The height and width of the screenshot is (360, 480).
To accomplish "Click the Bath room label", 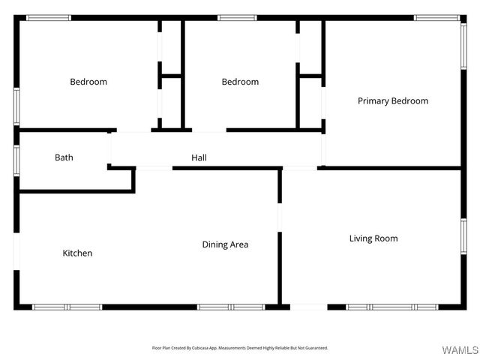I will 64,157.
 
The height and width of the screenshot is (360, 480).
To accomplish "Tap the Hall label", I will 199,157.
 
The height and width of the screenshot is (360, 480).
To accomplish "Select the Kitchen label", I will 77,253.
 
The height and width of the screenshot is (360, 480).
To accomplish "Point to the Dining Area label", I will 225,244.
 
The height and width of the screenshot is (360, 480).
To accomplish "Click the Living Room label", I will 373,238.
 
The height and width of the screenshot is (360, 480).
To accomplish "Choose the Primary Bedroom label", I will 393,100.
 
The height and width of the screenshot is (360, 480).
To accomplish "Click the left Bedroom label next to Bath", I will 88,82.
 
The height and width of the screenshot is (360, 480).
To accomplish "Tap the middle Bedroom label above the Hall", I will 240,82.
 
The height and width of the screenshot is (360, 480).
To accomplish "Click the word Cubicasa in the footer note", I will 202,348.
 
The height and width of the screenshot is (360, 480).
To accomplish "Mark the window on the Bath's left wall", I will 16,160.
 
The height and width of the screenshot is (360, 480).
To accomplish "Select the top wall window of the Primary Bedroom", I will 437,17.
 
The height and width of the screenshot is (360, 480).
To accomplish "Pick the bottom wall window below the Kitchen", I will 67,307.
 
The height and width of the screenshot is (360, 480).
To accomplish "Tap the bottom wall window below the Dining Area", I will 231,307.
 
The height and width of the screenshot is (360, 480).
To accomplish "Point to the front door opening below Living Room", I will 308,307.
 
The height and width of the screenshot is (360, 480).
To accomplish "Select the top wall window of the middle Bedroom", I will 237,17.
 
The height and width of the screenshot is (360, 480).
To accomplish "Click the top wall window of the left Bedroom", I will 49,17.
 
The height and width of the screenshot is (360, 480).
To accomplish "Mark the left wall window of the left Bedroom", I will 16,105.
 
